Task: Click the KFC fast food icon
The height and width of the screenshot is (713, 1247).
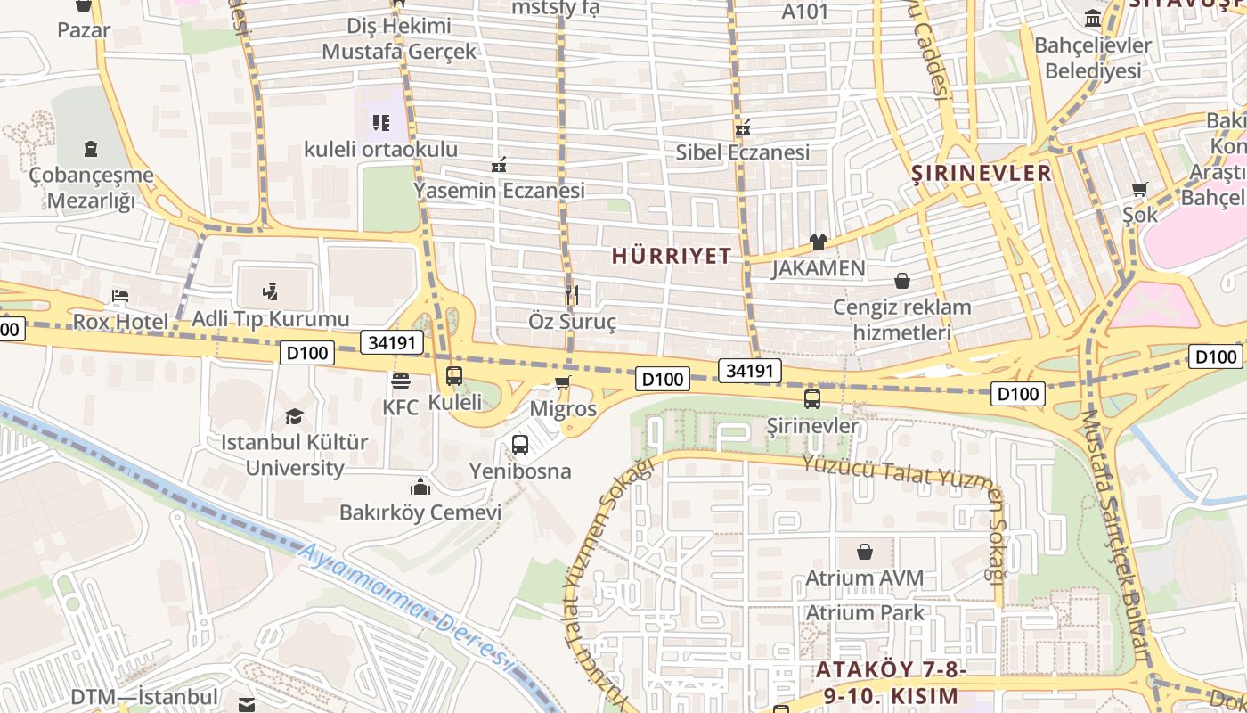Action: click(401, 381)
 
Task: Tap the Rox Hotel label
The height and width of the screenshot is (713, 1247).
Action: click(120, 321)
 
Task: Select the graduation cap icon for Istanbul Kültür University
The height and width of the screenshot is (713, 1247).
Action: click(294, 416)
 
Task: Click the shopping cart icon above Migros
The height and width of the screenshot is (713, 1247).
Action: click(562, 383)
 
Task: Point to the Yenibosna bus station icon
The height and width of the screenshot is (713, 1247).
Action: click(520, 444)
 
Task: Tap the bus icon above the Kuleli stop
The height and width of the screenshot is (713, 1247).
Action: click(454, 376)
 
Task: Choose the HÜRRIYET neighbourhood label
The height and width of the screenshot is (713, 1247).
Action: click(672, 256)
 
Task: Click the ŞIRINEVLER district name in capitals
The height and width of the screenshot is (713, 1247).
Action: click(982, 173)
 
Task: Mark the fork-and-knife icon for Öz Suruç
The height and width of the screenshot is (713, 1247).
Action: click(572, 294)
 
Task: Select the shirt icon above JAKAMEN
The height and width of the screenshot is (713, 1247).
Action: click(818, 242)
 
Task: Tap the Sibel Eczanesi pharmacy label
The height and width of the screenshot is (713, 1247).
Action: click(743, 152)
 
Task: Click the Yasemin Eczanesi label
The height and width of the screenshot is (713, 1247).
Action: click(499, 191)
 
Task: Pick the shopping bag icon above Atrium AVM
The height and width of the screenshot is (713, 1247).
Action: click(864, 552)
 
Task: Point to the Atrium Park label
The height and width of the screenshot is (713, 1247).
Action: click(865, 613)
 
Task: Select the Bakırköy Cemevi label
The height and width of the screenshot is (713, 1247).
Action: click(420, 512)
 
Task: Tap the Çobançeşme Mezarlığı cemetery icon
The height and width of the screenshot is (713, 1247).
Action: click(90, 148)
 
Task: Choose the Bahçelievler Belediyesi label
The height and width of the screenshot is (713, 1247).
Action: click(1092, 58)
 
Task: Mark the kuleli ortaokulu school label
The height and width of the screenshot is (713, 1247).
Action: click(380, 149)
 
